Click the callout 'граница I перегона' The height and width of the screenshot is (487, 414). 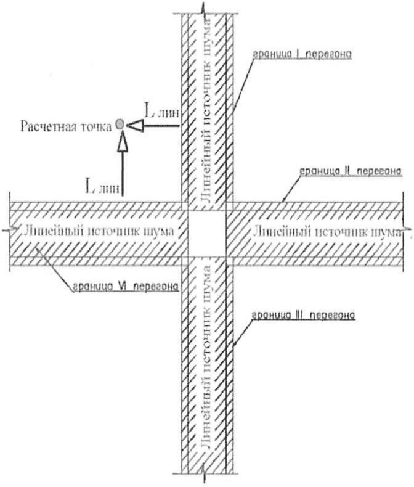pos(302,55)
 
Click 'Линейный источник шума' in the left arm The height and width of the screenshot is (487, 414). pos(95,232)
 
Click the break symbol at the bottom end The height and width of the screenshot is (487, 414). pos(205,476)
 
